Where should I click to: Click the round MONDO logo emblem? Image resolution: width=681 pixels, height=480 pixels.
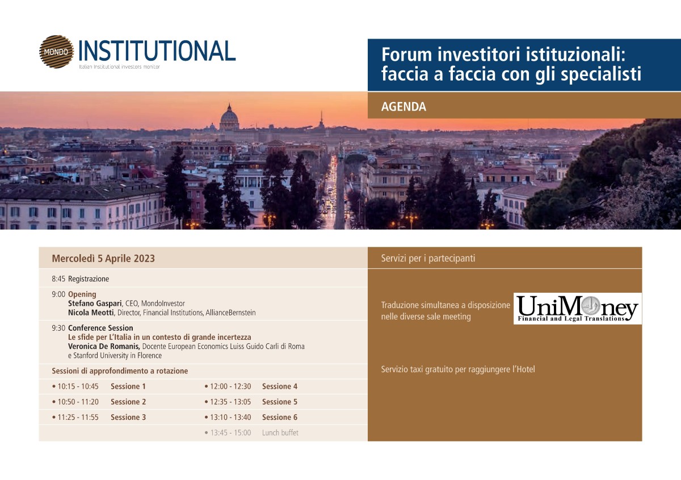click(57, 52)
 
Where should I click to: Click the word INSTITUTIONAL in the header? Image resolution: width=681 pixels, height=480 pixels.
click(157, 50)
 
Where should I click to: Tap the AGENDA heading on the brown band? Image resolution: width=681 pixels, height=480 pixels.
click(403, 107)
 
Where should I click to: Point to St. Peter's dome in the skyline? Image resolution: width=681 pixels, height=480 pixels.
click(229, 118)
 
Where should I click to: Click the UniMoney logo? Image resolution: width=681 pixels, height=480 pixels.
click(578, 309)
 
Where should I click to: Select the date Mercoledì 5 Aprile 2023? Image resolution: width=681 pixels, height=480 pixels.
click(103, 258)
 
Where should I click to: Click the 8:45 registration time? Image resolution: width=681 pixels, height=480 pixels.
click(58, 279)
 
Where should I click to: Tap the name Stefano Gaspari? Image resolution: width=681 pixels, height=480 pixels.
click(95, 304)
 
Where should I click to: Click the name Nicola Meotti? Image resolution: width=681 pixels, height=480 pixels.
click(91, 313)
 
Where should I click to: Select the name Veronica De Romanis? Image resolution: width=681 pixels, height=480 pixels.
click(104, 346)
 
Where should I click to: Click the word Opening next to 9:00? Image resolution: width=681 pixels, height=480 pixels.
click(82, 294)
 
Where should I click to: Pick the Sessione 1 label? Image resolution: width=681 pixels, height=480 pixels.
click(128, 386)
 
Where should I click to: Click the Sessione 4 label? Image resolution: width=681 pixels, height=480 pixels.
click(280, 386)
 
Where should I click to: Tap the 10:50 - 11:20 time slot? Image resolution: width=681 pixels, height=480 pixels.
click(78, 402)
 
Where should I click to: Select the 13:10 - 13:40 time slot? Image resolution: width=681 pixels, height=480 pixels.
click(230, 418)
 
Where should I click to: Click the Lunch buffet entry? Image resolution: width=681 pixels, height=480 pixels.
click(280, 432)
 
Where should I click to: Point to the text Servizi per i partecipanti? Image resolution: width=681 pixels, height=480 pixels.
click(428, 258)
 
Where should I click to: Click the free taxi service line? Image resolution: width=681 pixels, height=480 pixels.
click(458, 369)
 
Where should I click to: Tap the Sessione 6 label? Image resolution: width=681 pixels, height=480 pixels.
click(280, 418)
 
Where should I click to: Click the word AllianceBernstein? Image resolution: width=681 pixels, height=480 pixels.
click(230, 313)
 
